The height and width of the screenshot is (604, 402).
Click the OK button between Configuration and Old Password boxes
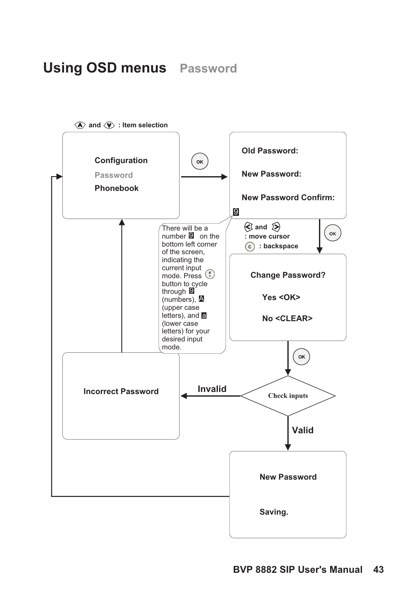200,161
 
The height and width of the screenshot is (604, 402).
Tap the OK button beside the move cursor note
332,233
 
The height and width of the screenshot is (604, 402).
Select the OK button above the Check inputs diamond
301,357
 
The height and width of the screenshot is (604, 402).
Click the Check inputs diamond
288,396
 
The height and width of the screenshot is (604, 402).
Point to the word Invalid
212,389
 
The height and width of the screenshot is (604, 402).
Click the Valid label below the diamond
303,430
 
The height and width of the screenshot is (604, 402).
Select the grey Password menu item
113,175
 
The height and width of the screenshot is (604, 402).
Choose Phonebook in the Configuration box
116,188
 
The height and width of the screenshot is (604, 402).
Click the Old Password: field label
270,151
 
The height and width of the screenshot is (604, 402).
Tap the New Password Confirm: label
288,198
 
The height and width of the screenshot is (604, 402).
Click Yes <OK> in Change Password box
281,298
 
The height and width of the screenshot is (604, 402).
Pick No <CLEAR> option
287,319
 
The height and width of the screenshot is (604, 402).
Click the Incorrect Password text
121,392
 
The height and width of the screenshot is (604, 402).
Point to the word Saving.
273,512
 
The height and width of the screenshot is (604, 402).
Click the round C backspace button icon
250,247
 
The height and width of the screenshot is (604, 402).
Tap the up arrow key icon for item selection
80,125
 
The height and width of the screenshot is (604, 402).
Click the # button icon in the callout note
210,274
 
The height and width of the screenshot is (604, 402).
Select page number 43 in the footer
378,570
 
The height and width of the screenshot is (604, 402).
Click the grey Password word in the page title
208,69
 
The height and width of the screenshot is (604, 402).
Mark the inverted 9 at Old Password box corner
236,212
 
